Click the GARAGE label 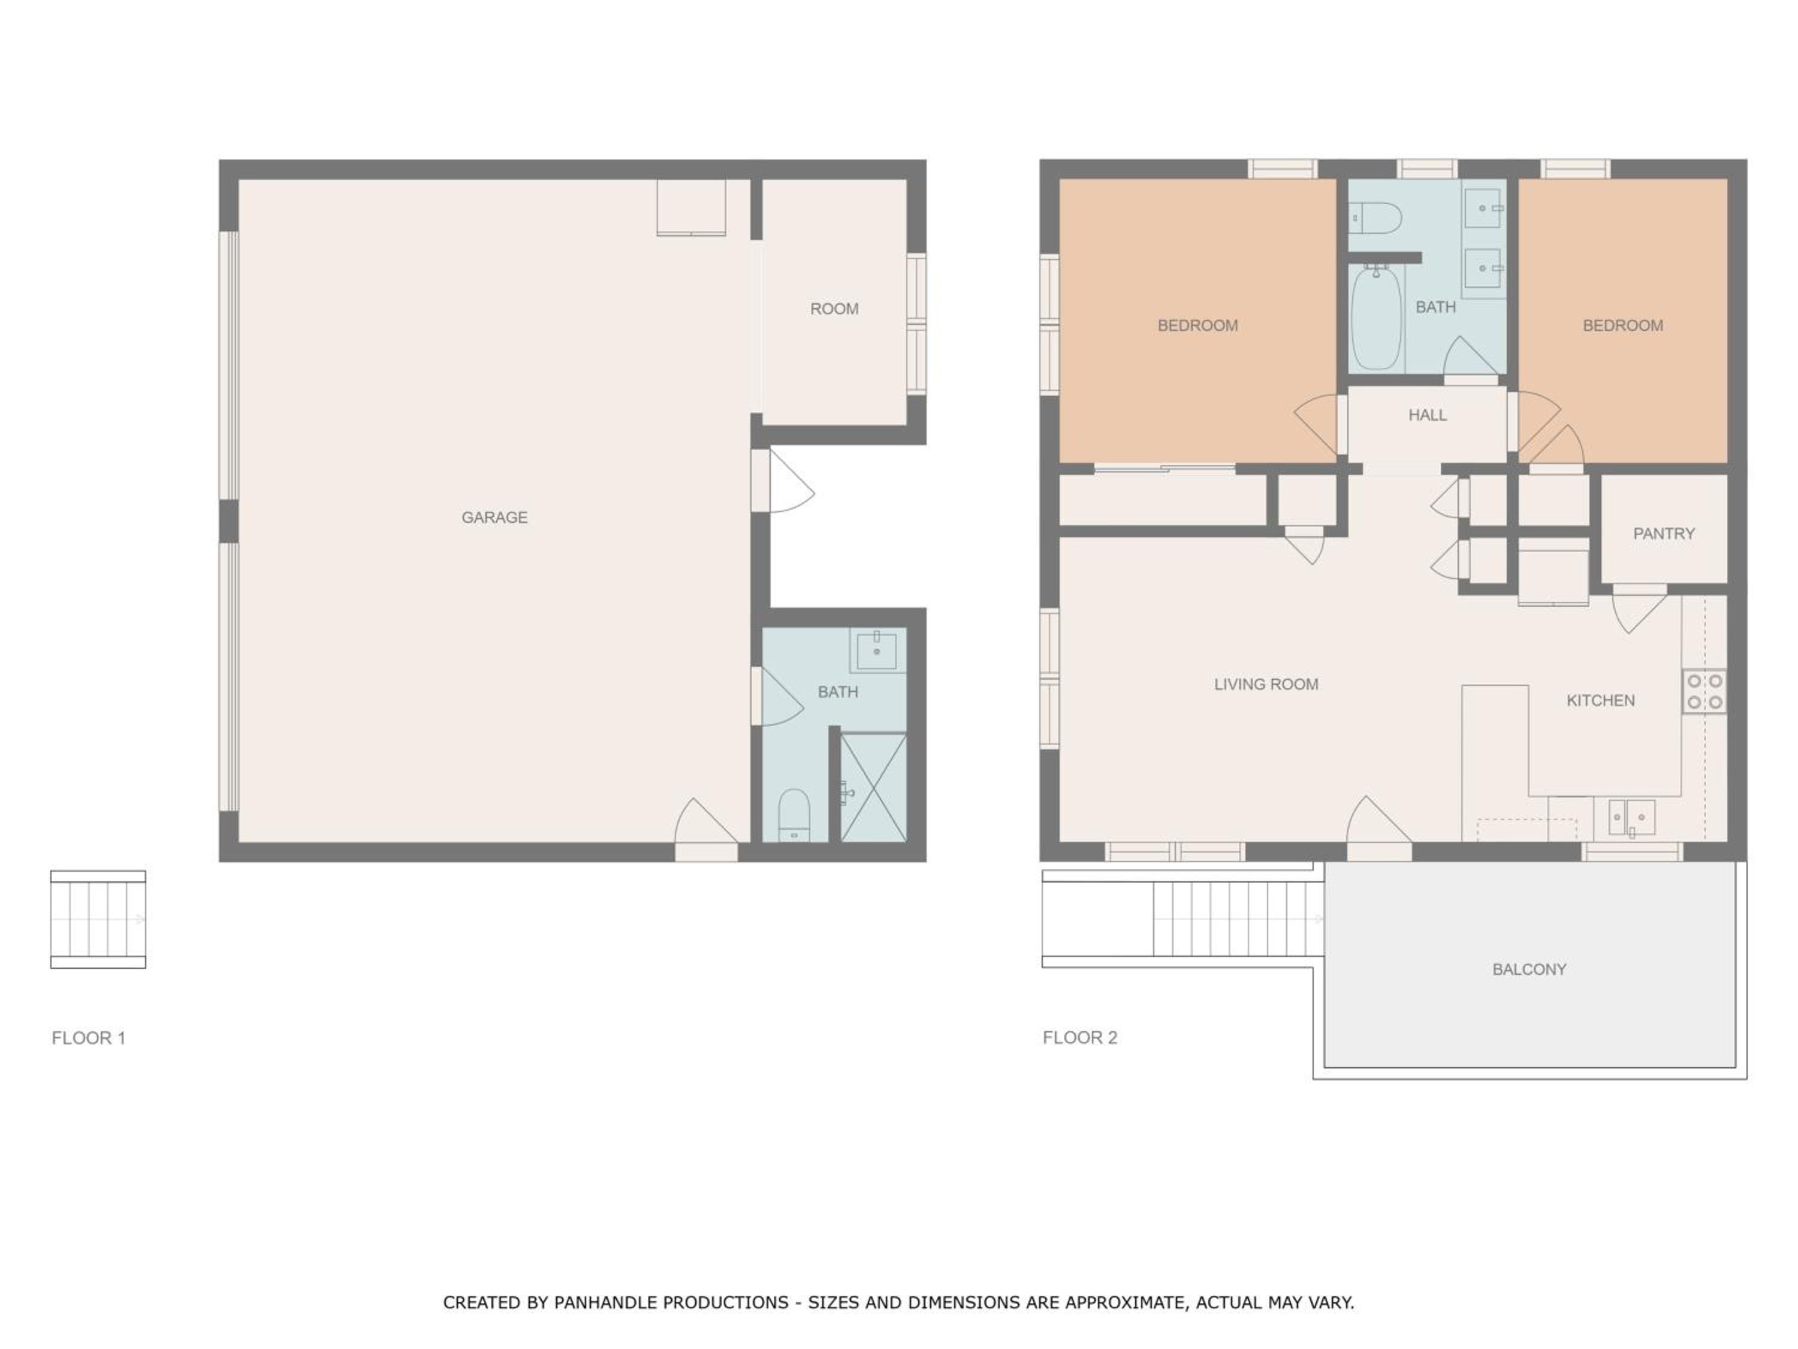[x=494, y=517]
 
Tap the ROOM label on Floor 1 [x=834, y=309]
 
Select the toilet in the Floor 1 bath [x=794, y=815]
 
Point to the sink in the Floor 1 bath [x=877, y=650]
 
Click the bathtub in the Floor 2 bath [x=1375, y=318]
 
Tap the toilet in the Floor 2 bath [x=1375, y=218]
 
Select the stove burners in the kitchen [x=1705, y=691]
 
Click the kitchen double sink [x=1631, y=817]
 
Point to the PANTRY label [x=1664, y=534]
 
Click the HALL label [x=1428, y=415]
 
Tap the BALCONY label [x=1529, y=969]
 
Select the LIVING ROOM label [x=1266, y=685]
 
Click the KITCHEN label [x=1600, y=701]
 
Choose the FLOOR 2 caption [x=1080, y=1038]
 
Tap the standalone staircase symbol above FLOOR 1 [x=98, y=920]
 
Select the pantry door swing [x=1639, y=609]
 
